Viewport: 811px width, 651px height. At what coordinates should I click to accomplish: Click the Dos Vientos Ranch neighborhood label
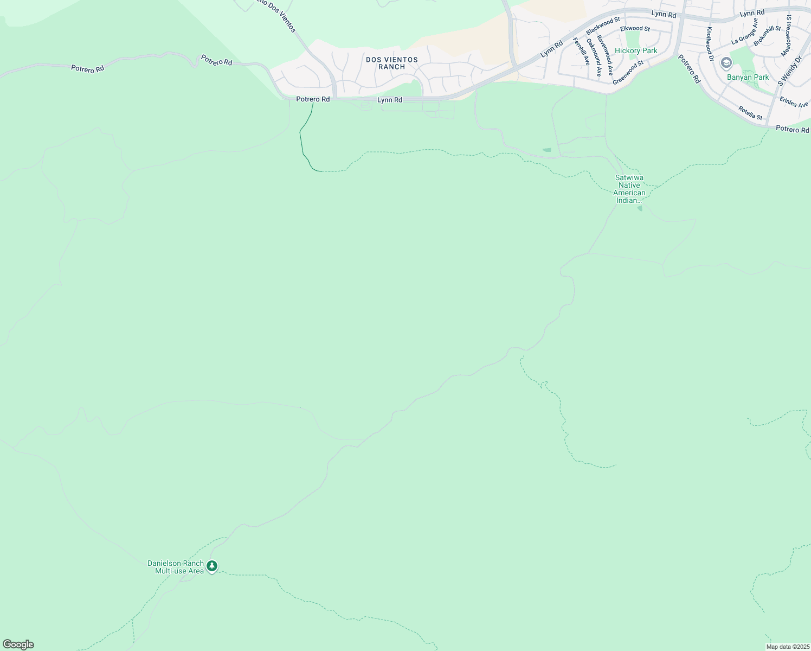[391, 63]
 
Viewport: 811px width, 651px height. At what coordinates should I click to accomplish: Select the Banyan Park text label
[748, 77]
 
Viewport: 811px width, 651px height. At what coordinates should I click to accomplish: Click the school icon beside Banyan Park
[726, 63]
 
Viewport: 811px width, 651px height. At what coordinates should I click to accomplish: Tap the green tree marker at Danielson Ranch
[212, 566]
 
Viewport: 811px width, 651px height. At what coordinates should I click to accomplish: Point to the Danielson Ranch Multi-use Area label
[176, 567]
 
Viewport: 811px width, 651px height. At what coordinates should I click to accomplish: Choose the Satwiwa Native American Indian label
[629, 189]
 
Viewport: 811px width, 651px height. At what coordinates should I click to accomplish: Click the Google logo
[18, 644]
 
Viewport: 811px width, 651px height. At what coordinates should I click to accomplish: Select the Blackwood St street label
[602, 26]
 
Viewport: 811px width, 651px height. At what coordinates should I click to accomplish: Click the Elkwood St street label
[635, 28]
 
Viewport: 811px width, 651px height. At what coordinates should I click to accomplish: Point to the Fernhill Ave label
[581, 52]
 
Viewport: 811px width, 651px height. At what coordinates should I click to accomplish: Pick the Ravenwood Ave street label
[605, 55]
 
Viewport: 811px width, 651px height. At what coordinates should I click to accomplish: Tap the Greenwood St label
[628, 72]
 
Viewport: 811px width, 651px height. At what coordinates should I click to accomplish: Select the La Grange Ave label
[744, 30]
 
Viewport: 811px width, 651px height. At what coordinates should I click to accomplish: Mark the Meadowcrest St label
[786, 36]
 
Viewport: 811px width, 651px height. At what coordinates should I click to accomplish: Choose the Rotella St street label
[750, 113]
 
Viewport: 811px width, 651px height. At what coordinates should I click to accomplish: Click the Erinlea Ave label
[794, 102]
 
